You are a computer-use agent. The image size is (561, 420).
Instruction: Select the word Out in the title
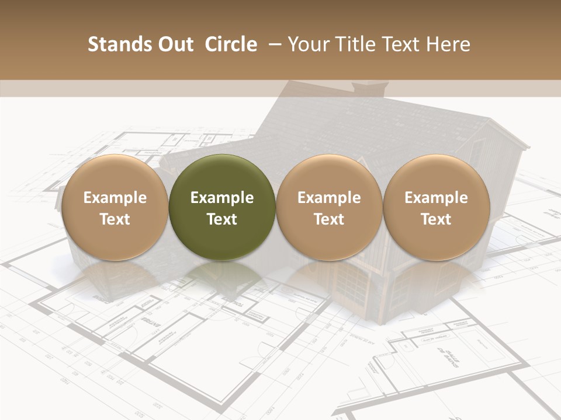pyautogui.click(x=174, y=44)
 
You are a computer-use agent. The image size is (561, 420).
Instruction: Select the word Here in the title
pyautogui.click(x=448, y=44)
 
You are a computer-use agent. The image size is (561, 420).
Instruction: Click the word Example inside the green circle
pyautogui.click(x=222, y=198)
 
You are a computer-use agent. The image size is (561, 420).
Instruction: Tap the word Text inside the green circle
pyautogui.click(x=222, y=219)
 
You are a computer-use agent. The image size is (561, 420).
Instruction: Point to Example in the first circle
pyautogui.click(x=115, y=198)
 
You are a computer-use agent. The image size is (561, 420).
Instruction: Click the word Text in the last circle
pyautogui.click(x=436, y=219)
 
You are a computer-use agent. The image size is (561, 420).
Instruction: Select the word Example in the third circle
pyautogui.click(x=329, y=198)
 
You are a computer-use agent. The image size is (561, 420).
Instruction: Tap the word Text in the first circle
pyautogui.click(x=115, y=219)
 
